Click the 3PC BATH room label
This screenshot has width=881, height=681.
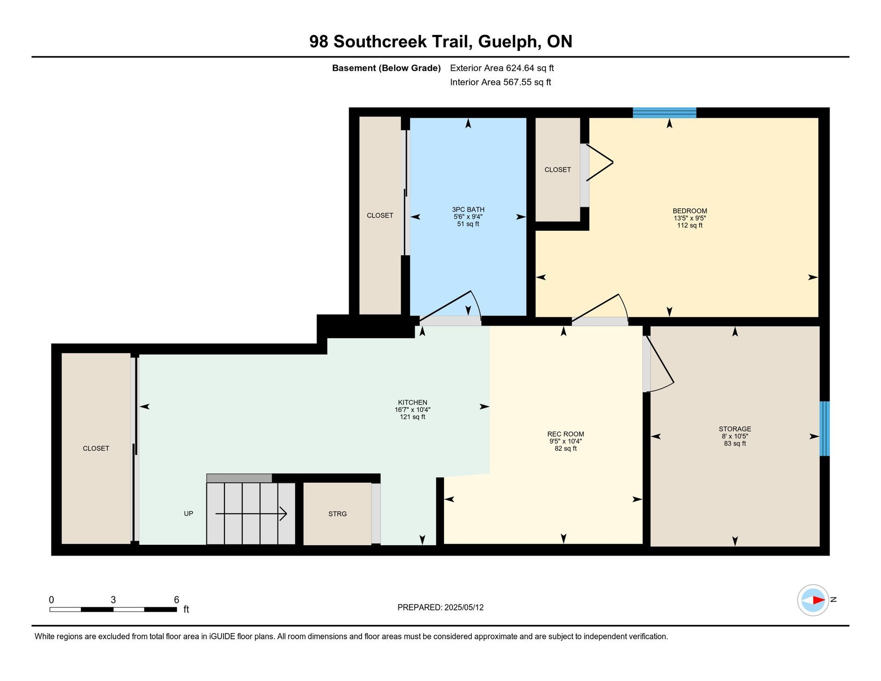(x=468, y=210)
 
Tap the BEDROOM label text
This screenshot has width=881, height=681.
(x=690, y=211)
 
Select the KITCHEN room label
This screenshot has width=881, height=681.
(x=413, y=402)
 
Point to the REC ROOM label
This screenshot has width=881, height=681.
(x=565, y=434)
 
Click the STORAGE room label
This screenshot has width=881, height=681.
(x=735, y=429)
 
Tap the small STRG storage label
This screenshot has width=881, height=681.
(x=337, y=514)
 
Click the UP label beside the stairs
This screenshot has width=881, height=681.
(x=188, y=514)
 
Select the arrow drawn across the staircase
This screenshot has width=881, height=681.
(x=251, y=514)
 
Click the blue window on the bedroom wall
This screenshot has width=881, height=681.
(x=664, y=112)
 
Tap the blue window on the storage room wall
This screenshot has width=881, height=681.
(x=825, y=429)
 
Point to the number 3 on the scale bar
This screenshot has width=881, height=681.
(x=113, y=600)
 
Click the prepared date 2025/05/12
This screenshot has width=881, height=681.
(x=464, y=608)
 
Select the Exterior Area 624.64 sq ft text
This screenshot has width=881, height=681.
(x=502, y=68)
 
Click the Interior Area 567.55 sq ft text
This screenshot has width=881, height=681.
(x=501, y=82)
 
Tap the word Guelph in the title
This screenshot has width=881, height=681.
(x=508, y=42)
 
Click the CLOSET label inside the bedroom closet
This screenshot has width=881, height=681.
(x=558, y=170)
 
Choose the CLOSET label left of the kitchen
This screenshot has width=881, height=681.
(x=96, y=448)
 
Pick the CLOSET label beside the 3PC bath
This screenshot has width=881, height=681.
(x=380, y=216)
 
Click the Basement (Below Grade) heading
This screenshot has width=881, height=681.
(x=386, y=68)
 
